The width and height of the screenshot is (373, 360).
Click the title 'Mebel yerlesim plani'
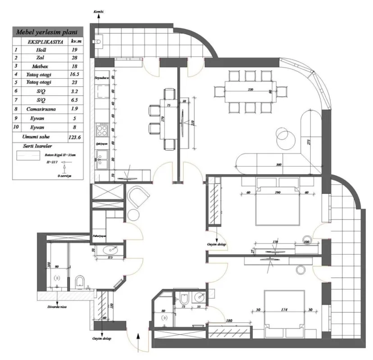(47, 32)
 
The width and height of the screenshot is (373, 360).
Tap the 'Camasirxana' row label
(41, 109)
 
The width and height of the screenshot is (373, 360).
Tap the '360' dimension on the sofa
(279, 165)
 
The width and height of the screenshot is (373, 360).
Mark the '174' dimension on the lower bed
(284, 310)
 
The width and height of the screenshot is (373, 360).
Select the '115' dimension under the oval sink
(109, 257)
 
